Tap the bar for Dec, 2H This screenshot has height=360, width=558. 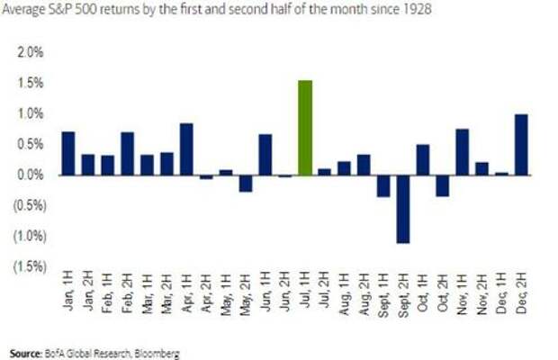520,144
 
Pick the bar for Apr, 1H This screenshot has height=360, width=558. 187,148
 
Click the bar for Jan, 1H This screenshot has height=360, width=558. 68,153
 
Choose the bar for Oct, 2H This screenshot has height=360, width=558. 442,185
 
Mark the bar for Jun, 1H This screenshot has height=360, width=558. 265,154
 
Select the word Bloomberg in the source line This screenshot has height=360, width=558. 157,353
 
